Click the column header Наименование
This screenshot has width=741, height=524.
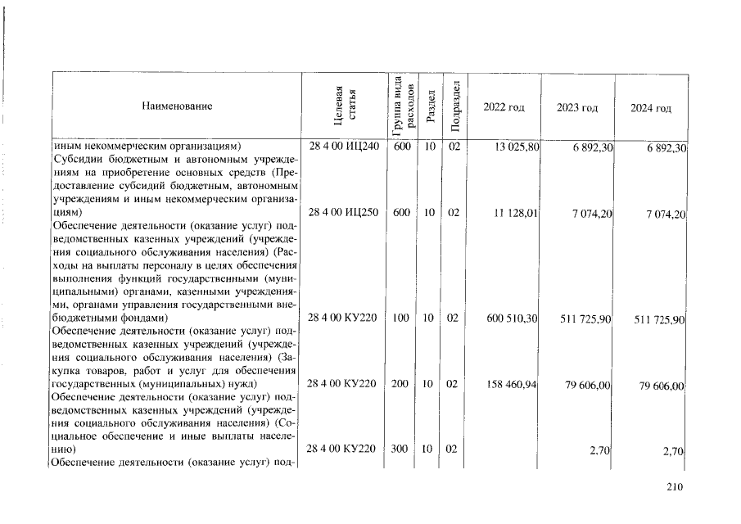(177, 106)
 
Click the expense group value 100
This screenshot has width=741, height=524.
(400, 318)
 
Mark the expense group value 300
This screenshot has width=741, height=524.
(400, 449)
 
